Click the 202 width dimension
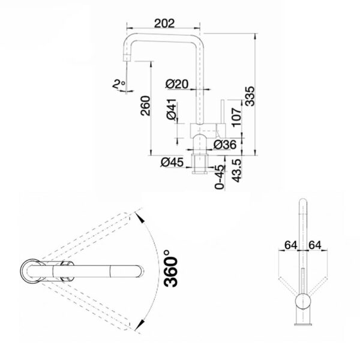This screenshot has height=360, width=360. pyautogui.click(x=164, y=23)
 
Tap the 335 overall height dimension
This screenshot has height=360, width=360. pyautogui.click(x=250, y=96)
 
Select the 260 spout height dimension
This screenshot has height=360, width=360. pyautogui.click(x=146, y=106)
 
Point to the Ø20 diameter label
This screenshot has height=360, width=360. pyautogui.click(x=177, y=84)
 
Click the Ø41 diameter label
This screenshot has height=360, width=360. pyautogui.click(x=172, y=109)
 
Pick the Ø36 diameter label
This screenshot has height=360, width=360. pyautogui.click(x=225, y=145)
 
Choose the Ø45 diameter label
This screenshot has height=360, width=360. pyautogui.click(x=172, y=163)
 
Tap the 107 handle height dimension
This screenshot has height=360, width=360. pyautogui.click(x=236, y=118)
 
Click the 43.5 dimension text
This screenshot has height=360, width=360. pyautogui.click(x=236, y=170)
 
